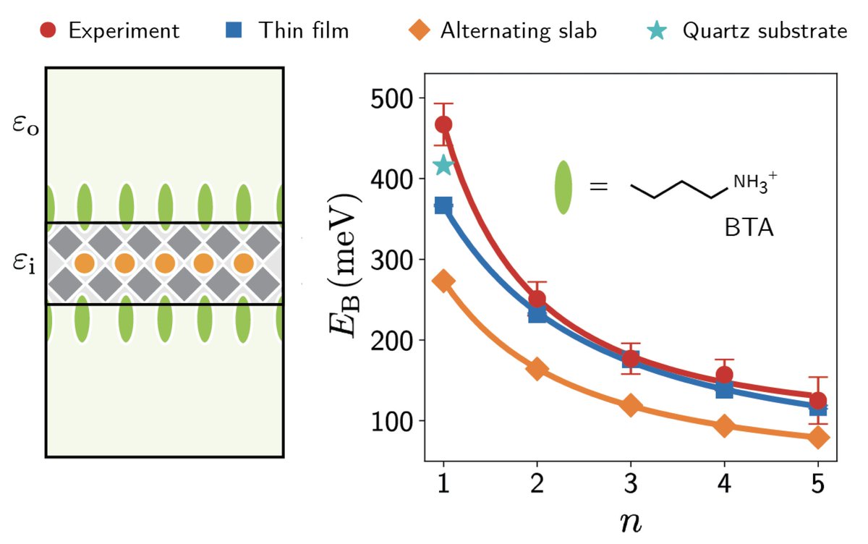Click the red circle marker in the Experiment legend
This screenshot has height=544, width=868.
point(47,30)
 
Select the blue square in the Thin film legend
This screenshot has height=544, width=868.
point(244,30)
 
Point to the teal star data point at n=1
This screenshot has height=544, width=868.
point(443,166)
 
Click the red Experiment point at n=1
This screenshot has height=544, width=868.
point(443,124)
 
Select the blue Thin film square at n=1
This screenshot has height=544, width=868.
point(443,206)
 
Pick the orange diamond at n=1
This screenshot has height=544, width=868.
point(443,281)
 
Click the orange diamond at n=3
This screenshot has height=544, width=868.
point(631,405)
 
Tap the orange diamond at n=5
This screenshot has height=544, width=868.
point(818,437)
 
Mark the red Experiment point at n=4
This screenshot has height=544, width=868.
point(724,375)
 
